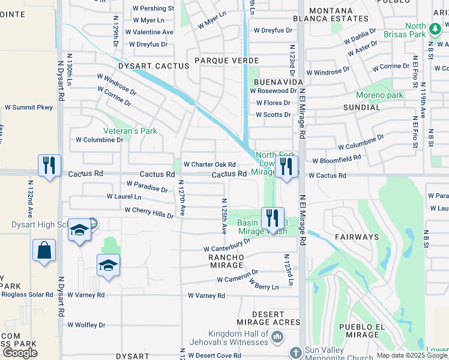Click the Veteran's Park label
[130, 131]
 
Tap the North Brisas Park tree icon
[435, 28]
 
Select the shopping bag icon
[44, 250]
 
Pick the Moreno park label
[379, 95]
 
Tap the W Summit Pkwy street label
[29, 107]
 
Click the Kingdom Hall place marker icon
[277, 338]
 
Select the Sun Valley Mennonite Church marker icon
[295, 352]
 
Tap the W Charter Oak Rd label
[209, 164]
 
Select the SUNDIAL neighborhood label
[361, 107]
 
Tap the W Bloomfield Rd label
[337, 159]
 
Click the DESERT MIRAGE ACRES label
[267, 318]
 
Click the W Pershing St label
[154, 9]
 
